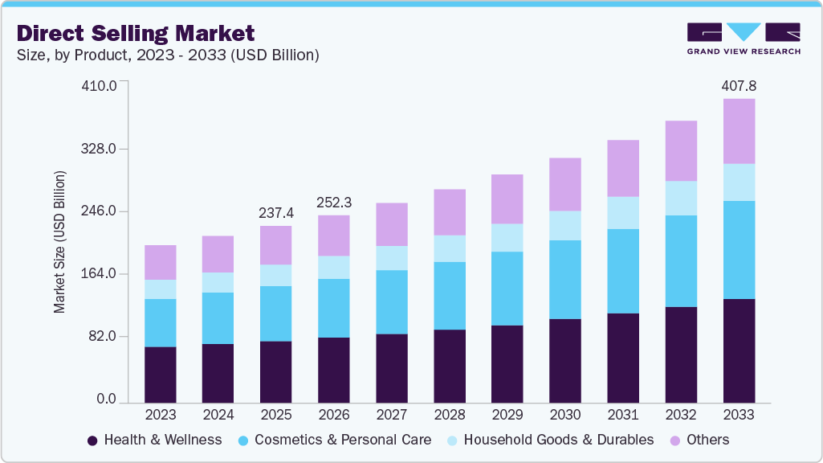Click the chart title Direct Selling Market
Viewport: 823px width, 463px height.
pyautogui.click(x=136, y=33)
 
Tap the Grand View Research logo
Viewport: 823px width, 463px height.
pyautogui.click(x=744, y=38)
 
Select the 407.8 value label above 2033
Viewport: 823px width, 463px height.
pyautogui.click(x=739, y=85)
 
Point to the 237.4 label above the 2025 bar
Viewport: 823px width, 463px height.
pyautogui.click(x=275, y=213)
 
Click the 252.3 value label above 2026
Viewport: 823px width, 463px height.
pyautogui.click(x=334, y=202)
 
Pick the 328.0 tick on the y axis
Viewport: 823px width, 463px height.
pyautogui.click(x=101, y=150)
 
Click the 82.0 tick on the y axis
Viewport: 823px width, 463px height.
pyautogui.click(x=104, y=336)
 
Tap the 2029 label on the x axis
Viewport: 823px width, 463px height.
pyautogui.click(x=507, y=415)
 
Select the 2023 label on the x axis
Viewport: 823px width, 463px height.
pyautogui.click(x=160, y=415)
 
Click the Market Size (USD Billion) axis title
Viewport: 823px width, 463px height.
pyautogui.click(x=60, y=242)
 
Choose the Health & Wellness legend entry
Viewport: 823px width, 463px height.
pyautogui.click(x=154, y=440)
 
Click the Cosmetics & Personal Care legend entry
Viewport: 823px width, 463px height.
pyautogui.click(x=334, y=440)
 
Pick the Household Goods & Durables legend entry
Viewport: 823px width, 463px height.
pyautogui.click(x=550, y=440)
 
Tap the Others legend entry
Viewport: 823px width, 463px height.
pyautogui.click(x=697, y=440)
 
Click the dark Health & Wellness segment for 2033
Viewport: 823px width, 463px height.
pyautogui.click(x=739, y=350)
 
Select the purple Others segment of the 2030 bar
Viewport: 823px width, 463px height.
pyautogui.click(x=565, y=184)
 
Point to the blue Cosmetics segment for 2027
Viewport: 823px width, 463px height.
pyautogui.click(x=392, y=301)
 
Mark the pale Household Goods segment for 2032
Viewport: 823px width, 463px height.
pyautogui.click(x=681, y=198)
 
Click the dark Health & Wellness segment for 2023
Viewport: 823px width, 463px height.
pyautogui.click(x=160, y=375)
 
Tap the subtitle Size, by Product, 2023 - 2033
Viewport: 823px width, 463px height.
pyautogui.click(x=168, y=55)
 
